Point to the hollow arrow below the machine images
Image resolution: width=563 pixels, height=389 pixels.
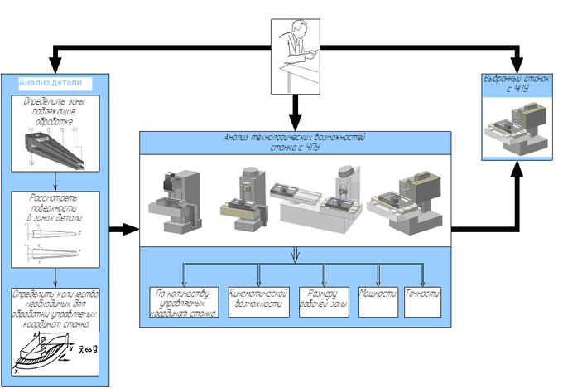(x=295, y=255)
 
